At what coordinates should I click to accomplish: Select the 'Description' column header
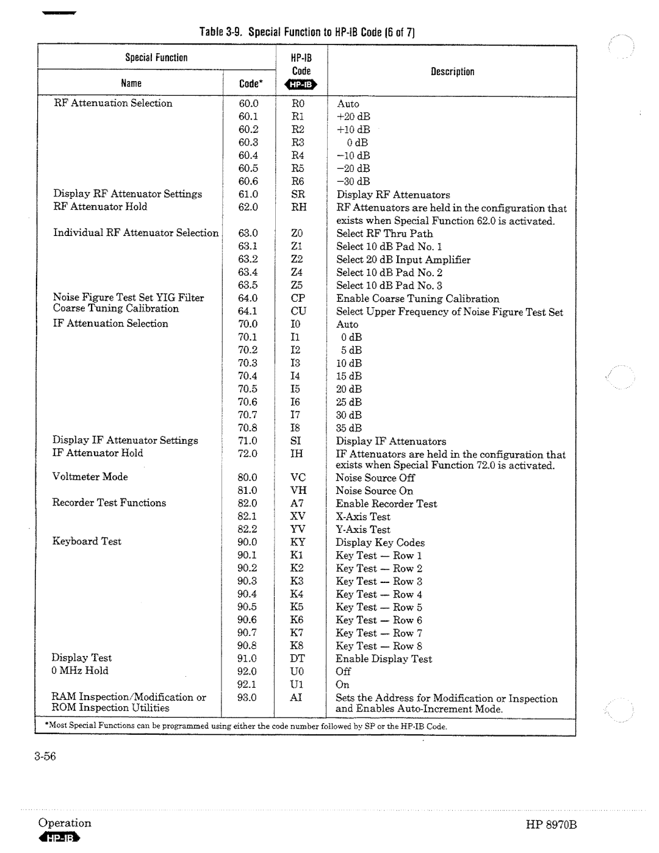click(x=452, y=71)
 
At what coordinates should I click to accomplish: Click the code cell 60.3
click(x=248, y=142)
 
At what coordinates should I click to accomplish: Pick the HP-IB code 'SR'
click(x=298, y=194)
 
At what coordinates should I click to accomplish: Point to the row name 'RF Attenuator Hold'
click(x=100, y=207)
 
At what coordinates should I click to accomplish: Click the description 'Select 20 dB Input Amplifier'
click(x=403, y=260)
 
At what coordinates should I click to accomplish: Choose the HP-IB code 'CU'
click(x=298, y=311)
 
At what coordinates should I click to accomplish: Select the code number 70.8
click(x=247, y=427)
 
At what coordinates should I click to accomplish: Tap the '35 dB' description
click(x=348, y=428)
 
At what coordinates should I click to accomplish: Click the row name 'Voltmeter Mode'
click(x=90, y=477)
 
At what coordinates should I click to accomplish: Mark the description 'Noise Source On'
click(x=374, y=491)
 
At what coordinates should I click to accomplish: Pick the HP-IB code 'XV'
click(x=297, y=516)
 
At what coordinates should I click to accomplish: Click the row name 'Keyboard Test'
click(x=87, y=541)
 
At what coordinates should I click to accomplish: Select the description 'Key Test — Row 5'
click(x=378, y=607)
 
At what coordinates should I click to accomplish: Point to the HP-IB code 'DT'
click(x=297, y=658)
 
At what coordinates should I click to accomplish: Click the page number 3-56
click(x=46, y=757)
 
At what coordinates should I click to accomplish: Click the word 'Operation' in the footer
click(x=65, y=823)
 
